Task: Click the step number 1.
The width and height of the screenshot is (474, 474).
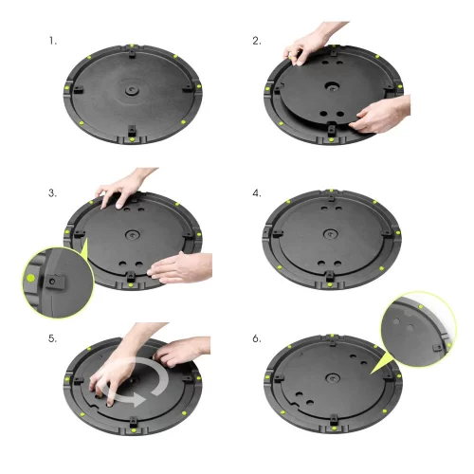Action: [52, 42]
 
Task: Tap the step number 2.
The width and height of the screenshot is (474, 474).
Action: [257, 42]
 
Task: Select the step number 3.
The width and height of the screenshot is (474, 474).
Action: [52, 192]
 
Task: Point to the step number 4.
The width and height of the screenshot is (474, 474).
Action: [257, 192]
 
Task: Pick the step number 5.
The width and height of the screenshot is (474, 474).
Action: [52, 338]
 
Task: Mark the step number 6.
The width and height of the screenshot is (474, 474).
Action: [257, 338]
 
